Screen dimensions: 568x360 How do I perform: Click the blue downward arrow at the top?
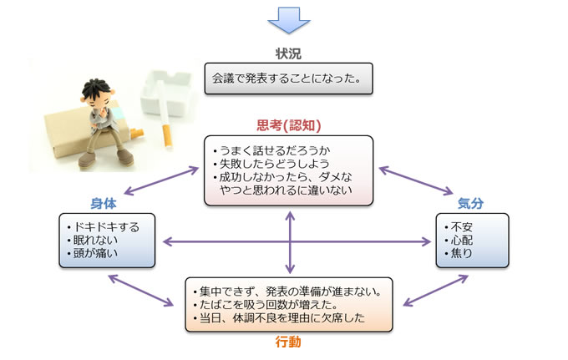pos(289,20)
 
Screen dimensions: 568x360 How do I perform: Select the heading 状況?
pos(288,53)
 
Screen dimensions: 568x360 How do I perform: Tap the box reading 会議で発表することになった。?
pos(289,79)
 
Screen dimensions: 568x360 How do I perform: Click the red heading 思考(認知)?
pos(289,125)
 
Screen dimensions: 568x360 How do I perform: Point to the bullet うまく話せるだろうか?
pos(272,150)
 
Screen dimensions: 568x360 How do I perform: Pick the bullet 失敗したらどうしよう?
pos(271,164)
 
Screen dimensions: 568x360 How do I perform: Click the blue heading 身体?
pos(104,204)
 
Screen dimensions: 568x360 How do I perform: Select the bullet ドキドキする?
pos(104,227)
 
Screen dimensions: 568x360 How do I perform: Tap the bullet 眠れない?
pos(93,240)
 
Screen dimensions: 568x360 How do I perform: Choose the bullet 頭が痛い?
pos(93,253)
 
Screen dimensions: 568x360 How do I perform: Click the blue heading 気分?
pos(470,203)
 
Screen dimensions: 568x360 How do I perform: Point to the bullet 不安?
pos(459,227)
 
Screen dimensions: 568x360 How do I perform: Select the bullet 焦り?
pos(459,253)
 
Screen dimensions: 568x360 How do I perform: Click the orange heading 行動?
pos(288,342)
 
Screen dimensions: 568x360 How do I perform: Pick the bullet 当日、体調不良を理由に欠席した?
pos(279,317)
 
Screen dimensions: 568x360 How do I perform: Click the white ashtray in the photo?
pos(167,93)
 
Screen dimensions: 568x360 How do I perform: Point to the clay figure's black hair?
pos(95,89)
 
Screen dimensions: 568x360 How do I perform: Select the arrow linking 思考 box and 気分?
pos(416,180)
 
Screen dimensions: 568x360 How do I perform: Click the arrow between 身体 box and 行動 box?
pos(141,291)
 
